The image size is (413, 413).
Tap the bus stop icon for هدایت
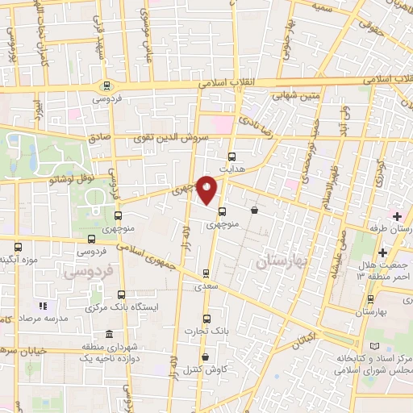pyautogui.click(x=232, y=156)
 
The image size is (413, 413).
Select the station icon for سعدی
pyautogui.click(x=207, y=273)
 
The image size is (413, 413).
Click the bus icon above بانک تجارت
pyautogui.click(x=207, y=319)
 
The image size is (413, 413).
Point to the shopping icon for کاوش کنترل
pyautogui.click(x=205, y=357)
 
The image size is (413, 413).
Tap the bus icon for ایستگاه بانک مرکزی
pyautogui.click(x=121, y=294)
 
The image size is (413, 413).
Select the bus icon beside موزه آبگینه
pyautogui.click(x=19, y=247)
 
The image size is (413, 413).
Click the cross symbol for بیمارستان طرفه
pyautogui.click(x=396, y=215)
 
